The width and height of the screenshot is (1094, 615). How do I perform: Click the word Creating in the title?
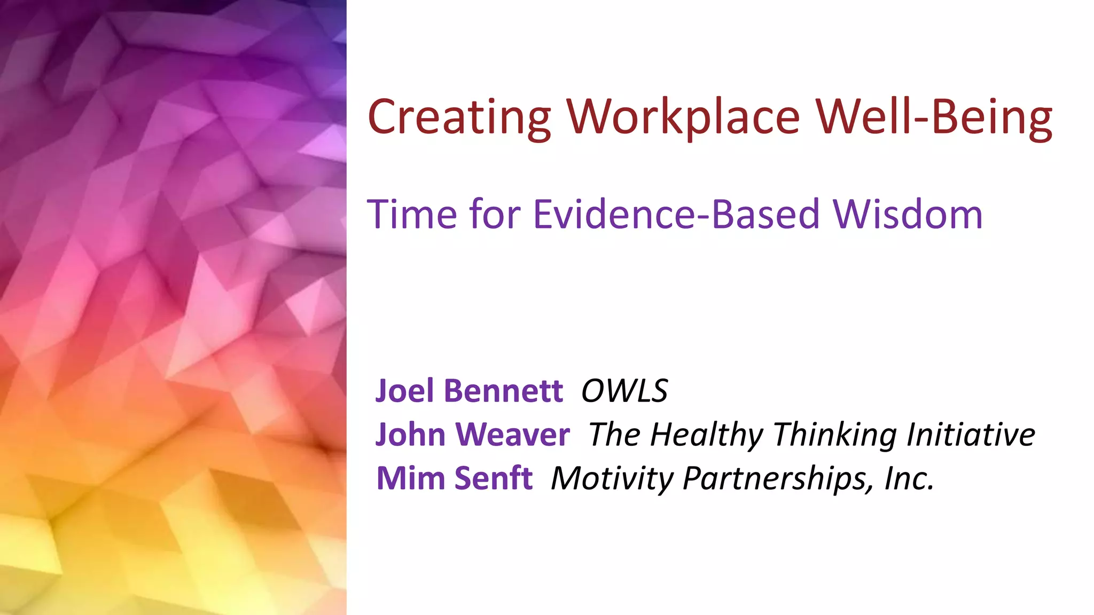pyautogui.click(x=459, y=117)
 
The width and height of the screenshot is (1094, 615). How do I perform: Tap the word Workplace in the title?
pyautogui.click(x=683, y=117)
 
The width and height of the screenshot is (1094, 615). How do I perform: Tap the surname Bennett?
pyautogui.click(x=503, y=391)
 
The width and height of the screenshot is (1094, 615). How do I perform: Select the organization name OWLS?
pyautogui.click(x=624, y=391)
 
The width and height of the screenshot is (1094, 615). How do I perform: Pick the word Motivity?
pyautogui.click(x=612, y=478)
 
